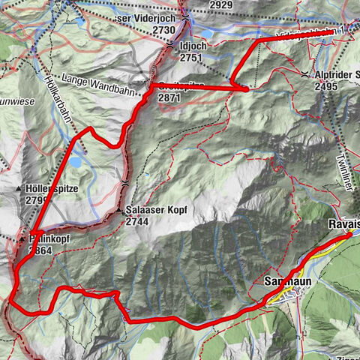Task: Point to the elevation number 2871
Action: coord(169,98)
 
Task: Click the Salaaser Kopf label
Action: coord(156,211)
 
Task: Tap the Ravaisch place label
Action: coord(343,224)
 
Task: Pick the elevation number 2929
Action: coord(220,5)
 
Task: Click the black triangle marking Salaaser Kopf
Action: coord(120,212)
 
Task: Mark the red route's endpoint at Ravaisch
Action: coord(349,235)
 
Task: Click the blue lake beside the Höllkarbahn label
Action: coord(77,160)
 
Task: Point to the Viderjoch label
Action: coord(148,18)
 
